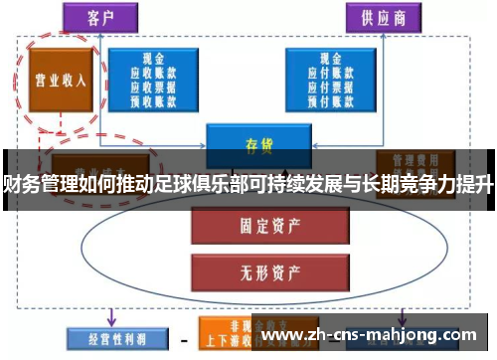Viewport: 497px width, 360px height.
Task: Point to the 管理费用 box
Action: (414, 159)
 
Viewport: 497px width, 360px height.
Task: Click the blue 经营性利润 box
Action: (105, 337)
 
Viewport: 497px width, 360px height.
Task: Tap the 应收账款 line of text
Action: (155, 72)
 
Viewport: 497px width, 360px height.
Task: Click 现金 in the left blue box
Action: (155, 59)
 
